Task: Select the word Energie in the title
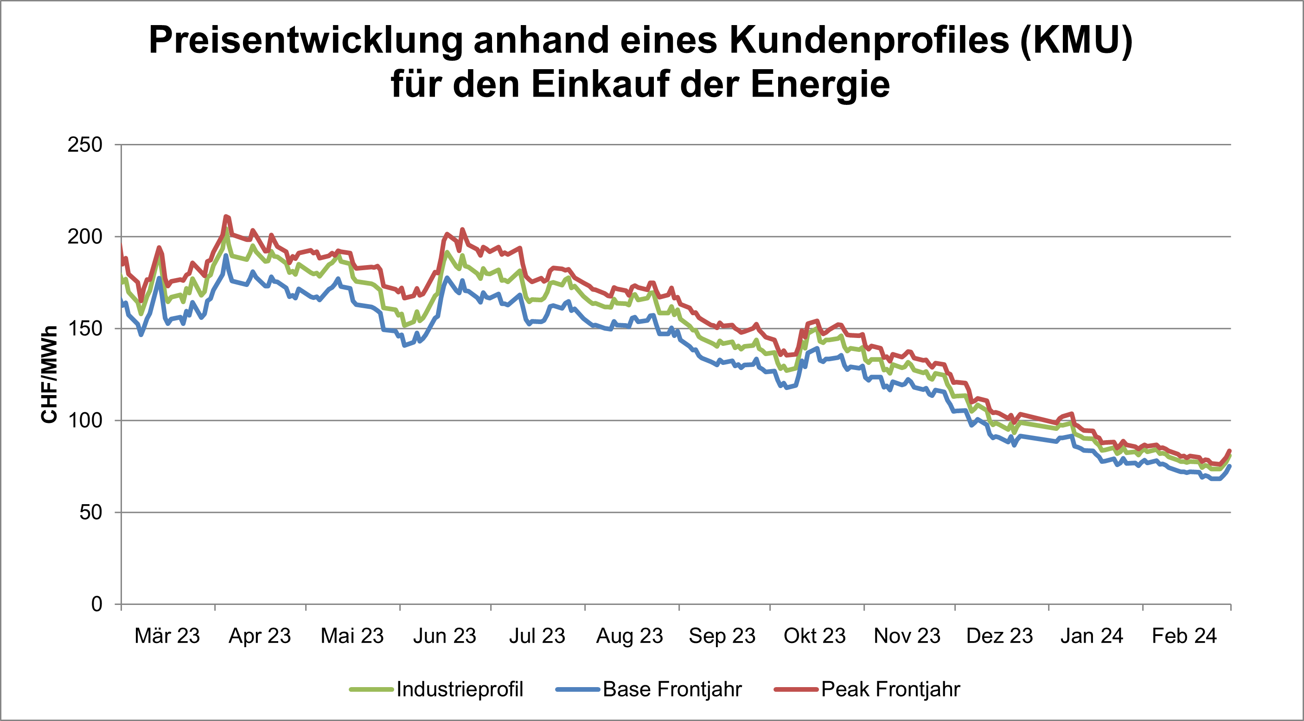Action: tap(819, 84)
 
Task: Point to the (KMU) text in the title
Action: tap(1076, 40)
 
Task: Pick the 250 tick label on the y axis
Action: tap(84, 145)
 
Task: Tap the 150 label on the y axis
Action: tap(84, 329)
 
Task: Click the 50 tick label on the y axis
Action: tap(90, 512)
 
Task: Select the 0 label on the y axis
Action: tap(96, 604)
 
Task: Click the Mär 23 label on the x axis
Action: tap(167, 636)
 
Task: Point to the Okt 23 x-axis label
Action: tap(814, 636)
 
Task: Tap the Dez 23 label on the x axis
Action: tap(999, 636)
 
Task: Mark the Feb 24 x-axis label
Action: tap(1184, 636)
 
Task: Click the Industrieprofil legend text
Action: tap(460, 689)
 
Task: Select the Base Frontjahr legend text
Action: tap(672, 689)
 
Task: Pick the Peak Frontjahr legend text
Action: tap(890, 689)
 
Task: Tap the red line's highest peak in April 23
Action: tap(226, 217)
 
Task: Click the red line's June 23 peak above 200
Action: tap(462, 229)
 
